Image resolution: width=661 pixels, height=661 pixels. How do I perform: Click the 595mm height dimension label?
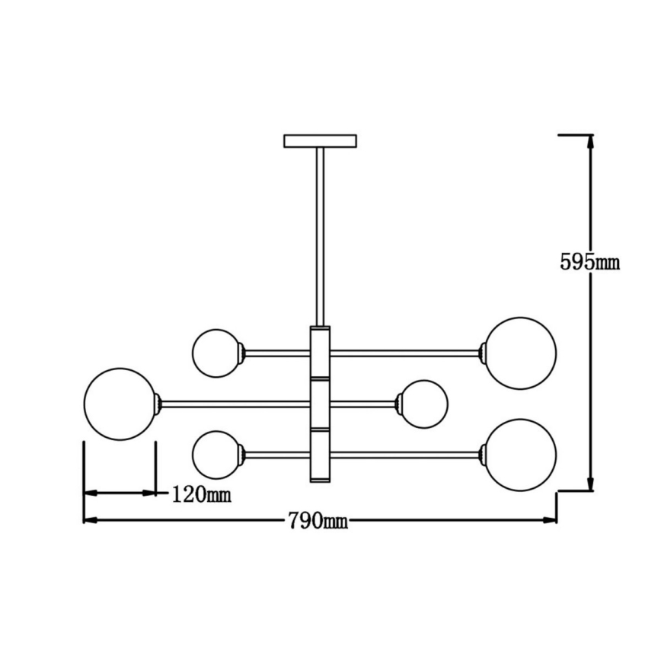(x=589, y=262)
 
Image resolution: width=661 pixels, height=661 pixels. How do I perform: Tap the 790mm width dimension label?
(x=318, y=521)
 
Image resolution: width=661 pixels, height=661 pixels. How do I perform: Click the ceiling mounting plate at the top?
(x=320, y=141)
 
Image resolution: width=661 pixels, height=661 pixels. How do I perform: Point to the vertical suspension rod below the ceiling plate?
(x=320, y=236)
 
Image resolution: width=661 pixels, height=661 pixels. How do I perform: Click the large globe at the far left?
(x=120, y=404)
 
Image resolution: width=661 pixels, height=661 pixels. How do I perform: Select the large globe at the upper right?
(x=521, y=353)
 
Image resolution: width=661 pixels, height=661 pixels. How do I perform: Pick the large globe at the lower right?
(x=521, y=455)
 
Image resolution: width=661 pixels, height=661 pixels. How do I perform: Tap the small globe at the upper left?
(x=216, y=353)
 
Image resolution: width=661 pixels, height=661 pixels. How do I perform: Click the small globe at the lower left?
(x=216, y=455)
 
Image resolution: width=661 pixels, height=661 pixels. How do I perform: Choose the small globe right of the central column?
(x=423, y=404)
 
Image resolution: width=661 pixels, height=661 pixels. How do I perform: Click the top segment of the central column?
(x=320, y=353)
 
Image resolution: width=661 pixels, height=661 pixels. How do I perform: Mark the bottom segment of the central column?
(x=320, y=455)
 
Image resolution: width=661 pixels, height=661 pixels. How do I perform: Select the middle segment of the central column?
(x=320, y=404)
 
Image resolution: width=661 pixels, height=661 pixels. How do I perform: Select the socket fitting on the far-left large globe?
(x=158, y=404)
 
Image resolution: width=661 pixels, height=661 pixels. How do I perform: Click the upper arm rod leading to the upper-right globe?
(x=404, y=353)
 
